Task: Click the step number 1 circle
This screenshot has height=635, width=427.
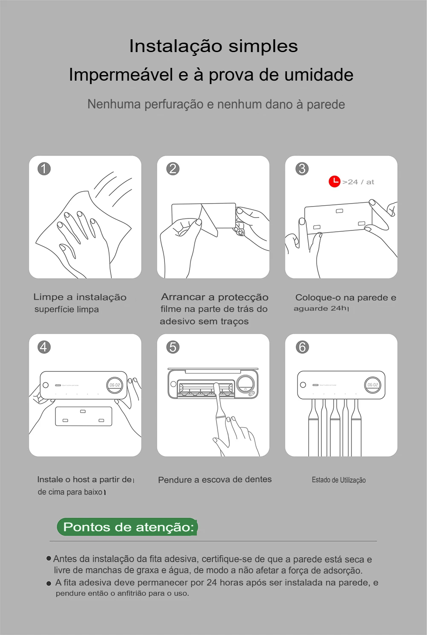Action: pyautogui.click(x=44, y=169)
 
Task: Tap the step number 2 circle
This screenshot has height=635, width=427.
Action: pyautogui.click(x=173, y=169)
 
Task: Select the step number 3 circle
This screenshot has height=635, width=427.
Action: pyautogui.click(x=302, y=169)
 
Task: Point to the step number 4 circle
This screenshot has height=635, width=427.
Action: pyautogui.click(x=44, y=347)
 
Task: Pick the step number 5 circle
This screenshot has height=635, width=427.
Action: pyautogui.click(x=173, y=347)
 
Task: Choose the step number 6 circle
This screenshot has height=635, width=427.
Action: pyautogui.click(x=302, y=347)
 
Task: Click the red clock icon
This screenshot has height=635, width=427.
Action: pyautogui.click(x=335, y=181)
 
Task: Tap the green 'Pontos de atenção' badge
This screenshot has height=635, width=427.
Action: pyautogui.click(x=127, y=527)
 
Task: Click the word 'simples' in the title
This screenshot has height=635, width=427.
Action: pyautogui.click(x=263, y=47)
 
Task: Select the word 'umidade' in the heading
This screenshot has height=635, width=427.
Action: pyautogui.click(x=319, y=75)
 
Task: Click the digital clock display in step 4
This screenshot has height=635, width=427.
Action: pyautogui.click(x=115, y=385)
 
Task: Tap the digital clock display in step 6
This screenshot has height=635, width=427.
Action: pyautogui.click(x=372, y=384)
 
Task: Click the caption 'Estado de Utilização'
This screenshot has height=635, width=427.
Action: pyautogui.click(x=339, y=480)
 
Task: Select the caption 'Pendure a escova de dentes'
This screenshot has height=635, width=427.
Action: pyautogui.click(x=215, y=480)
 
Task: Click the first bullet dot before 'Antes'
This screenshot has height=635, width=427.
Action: pyautogui.click(x=49, y=559)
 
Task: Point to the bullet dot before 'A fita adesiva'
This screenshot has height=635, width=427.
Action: pyautogui.click(x=49, y=583)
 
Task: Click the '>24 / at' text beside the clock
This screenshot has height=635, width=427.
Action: pyautogui.click(x=358, y=182)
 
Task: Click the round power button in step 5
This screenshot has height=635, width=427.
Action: pyautogui.click(x=245, y=384)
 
